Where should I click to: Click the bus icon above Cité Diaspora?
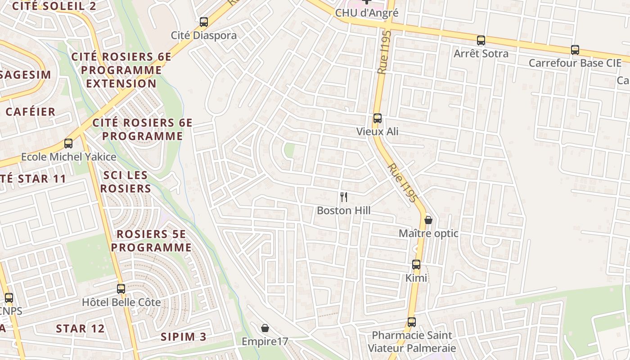[204, 22]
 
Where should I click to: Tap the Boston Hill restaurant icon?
[344, 197]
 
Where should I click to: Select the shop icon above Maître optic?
[428, 220]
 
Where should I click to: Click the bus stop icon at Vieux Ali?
[377, 118]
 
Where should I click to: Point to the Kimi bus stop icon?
[416, 265]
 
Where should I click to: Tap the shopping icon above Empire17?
[265, 328]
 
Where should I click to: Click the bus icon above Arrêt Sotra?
[481, 40]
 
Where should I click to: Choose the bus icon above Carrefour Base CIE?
[575, 50]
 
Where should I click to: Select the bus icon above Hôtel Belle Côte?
[121, 289]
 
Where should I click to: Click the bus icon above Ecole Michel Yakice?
[68, 144]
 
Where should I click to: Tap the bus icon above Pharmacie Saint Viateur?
[412, 322]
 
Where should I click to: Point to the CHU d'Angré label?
[367, 13]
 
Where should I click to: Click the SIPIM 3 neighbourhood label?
[184, 337]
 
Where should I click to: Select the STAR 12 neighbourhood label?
[80, 328]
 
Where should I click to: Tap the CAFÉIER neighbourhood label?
[31, 112]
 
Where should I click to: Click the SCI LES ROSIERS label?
[125, 182]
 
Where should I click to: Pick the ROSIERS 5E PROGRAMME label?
[151, 241]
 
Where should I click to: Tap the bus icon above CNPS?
[9, 298]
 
